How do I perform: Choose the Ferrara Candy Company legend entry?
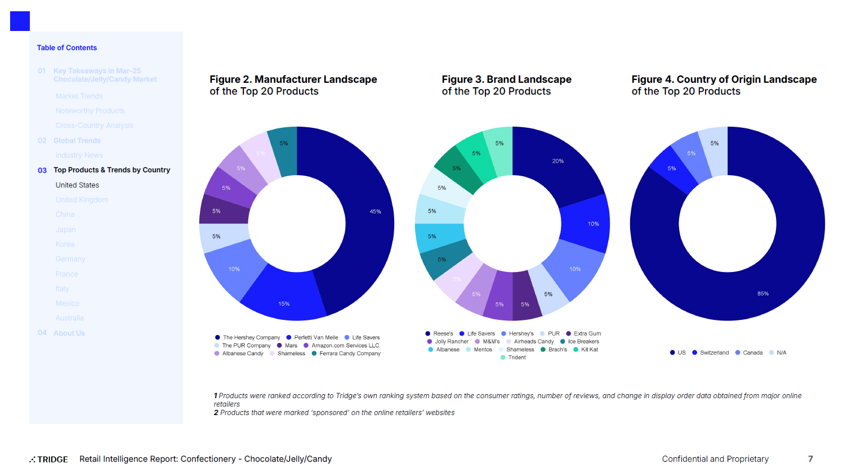[x=350, y=354]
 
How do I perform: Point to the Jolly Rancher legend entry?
[x=451, y=342]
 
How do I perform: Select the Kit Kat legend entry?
[x=589, y=350]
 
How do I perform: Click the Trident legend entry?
[x=516, y=358]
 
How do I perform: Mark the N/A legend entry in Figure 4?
[x=781, y=353]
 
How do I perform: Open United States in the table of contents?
[x=77, y=185]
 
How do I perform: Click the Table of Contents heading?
[x=67, y=48]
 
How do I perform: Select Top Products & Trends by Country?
[x=111, y=170]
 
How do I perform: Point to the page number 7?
[x=810, y=459]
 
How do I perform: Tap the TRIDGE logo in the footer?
[x=49, y=459]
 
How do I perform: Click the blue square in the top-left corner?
[x=20, y=21]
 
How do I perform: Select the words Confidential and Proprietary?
[x=715, y=459]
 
